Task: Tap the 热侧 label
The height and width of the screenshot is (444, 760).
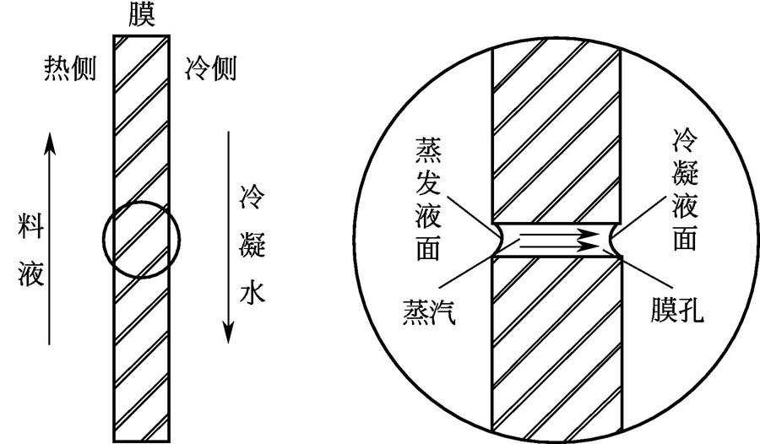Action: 70,68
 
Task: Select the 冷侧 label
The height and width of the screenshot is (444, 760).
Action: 209,68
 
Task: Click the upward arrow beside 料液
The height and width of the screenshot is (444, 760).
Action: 51,236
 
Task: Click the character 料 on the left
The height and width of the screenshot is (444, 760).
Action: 30,225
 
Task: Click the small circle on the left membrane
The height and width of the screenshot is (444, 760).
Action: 141,238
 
